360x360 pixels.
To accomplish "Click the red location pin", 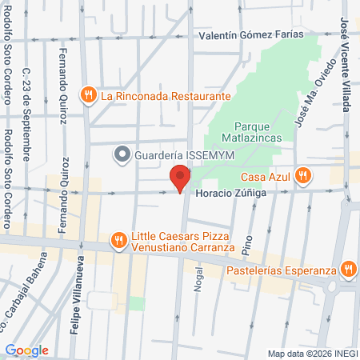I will pyautogui.click(x=180, y=178).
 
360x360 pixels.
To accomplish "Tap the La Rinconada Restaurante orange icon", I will pyautogui.click(x=89, y=95).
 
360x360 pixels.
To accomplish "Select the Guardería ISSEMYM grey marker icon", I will pyautogui.click(x=122, y=152).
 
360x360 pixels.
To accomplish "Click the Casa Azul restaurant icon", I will pyautogui.click(x=302, y=175).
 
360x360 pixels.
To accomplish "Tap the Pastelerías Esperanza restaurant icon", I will pyautogui.click(x=348, y=269).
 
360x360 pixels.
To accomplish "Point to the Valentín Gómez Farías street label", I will pyautogui.click(x=239, y=34).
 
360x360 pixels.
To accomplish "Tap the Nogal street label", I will pyautogui.click(x=198, y=282).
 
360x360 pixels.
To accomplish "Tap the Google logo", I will pyautogui.click(x=26, y=350).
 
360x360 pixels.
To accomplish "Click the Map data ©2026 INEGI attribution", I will pyautogui.click(x=312, y=354).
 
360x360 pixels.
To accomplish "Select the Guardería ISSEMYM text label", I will pyautogui.click(x=171, y=153).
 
